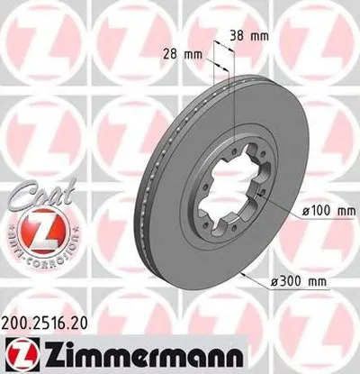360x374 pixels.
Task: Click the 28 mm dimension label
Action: [181, 53]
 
